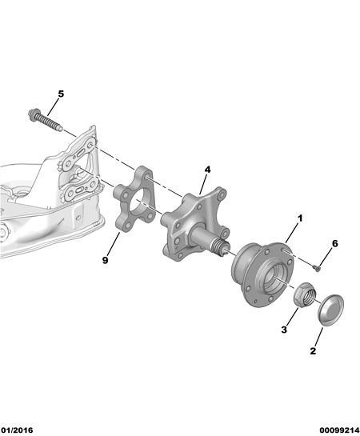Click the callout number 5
pyautogui.click(x=61, y=94)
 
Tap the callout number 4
pyautogui.click(x=207, y=170)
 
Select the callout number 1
pyautogui.click(x=300, y=218)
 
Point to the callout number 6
pyautogui.click(x=335, y=243)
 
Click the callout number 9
pyautogui.click(x=105, y=260)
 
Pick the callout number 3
pyautogui.click(x=284, y=330)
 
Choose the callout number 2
pyautogui.click(x=313, y=351)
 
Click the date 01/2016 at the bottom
pyautogui.click(x=17, y=430)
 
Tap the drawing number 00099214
pyautogui.click(x=339, y=430)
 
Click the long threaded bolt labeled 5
pyautogui.click(x=46, y=121)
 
